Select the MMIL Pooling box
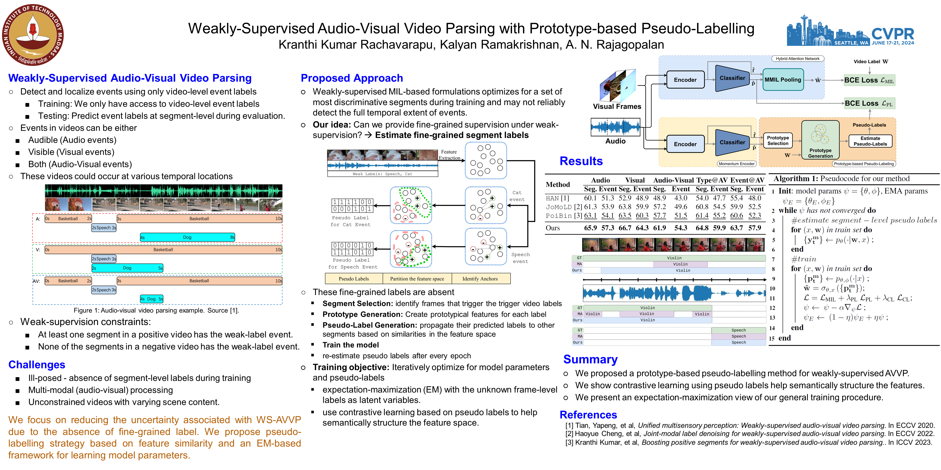pyautogui.click(x=783, y=80)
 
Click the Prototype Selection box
pyautogui.click(x=778, y=141)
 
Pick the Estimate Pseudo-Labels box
pyautogui.click(x=870, y=141)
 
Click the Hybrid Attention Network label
pyautogui.click(x=797, y=58)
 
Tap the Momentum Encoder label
pyautogui.click(x=736, y=164)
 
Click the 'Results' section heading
pyautogui.click(x=581, y=161)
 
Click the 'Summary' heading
pyautogui.click(x=590, y=359)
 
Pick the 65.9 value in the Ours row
pyautogui.click(x=590, y=228)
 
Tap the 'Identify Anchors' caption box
pyautogui.click(x=480, y=279)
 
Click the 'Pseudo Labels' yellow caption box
pyautogui.click(x=354, y=279)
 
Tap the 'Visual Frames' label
pyautogui.click(x=617, y=106)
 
